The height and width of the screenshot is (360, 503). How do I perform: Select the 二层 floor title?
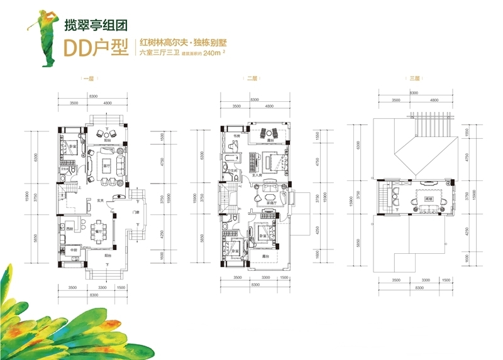[x=251, y=79]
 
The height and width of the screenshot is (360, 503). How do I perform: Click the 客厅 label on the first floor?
[x=107, y=165]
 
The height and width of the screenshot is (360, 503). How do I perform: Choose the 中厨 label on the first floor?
[x=74, y=250]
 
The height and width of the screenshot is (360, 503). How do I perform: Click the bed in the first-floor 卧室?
[x=69, y=151]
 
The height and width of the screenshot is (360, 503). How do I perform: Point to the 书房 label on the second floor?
[x=229, y=134]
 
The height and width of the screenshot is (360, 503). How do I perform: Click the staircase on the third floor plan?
[x=383, y=198]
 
